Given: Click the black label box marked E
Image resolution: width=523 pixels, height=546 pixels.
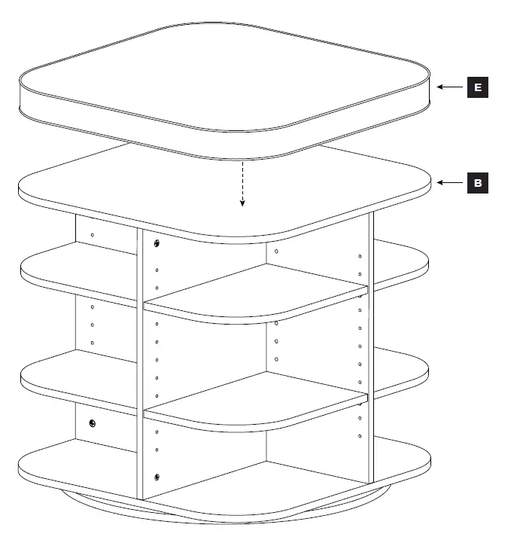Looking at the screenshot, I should pos(476,87).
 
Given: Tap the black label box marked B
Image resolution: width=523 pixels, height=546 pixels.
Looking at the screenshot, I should pos(476,182).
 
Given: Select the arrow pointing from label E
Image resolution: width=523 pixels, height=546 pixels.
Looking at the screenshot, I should pos(450,87).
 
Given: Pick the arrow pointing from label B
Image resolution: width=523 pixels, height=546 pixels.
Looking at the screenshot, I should pos(450,182).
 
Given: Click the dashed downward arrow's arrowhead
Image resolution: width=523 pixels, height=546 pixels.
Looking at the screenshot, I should pos(242,203).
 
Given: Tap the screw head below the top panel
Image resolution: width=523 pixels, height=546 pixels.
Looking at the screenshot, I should pos(157,243).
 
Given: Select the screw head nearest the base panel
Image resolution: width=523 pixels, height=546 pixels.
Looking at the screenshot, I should pos(157,476).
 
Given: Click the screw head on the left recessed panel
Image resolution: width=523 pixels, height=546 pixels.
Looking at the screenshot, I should pos(93,423).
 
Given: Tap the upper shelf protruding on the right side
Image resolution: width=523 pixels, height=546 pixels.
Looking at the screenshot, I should pos(403,260).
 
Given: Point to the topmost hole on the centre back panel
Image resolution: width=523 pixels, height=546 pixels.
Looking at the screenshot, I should pos(277,251).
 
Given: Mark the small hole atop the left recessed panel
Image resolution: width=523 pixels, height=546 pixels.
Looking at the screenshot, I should pos(92,236).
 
